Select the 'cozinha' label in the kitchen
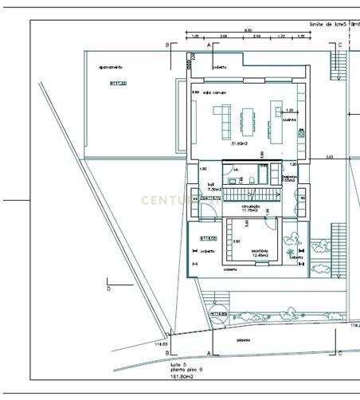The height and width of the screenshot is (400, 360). [x=288, y=120]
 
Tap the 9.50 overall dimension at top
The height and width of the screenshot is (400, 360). [x=248, y=29]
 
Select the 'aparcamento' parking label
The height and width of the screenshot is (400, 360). [x=111, y=67]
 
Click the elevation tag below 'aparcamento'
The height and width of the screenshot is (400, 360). [x=119, y=82]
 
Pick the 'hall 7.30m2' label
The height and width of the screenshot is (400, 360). [x=211, y=186]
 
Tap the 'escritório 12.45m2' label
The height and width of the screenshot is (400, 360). [x=260, y=253]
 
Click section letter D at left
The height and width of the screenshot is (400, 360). [x=108, y=289]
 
